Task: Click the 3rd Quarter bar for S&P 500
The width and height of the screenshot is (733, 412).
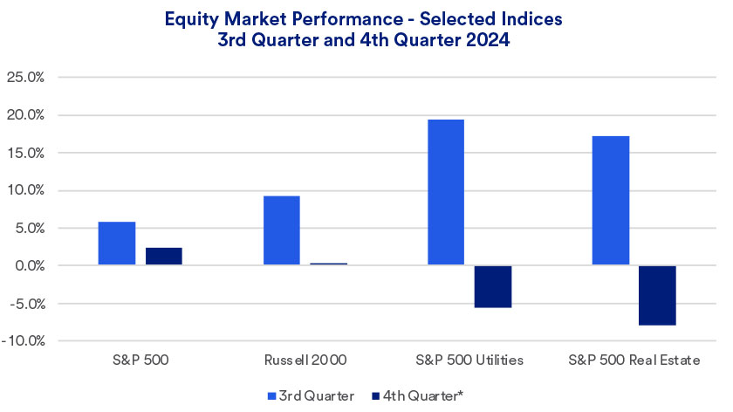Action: pos(117,244)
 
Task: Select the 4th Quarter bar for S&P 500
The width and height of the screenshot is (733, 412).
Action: pos(164,257)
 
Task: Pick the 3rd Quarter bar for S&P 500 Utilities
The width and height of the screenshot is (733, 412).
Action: pos(445,192)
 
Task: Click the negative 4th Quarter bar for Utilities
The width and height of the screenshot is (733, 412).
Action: pos(492,286)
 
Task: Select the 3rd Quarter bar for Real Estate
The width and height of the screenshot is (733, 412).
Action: pos(610,201)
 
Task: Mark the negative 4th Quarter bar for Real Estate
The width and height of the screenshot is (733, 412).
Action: pos(657,295)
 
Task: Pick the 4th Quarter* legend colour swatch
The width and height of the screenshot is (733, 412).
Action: pos(376,396)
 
